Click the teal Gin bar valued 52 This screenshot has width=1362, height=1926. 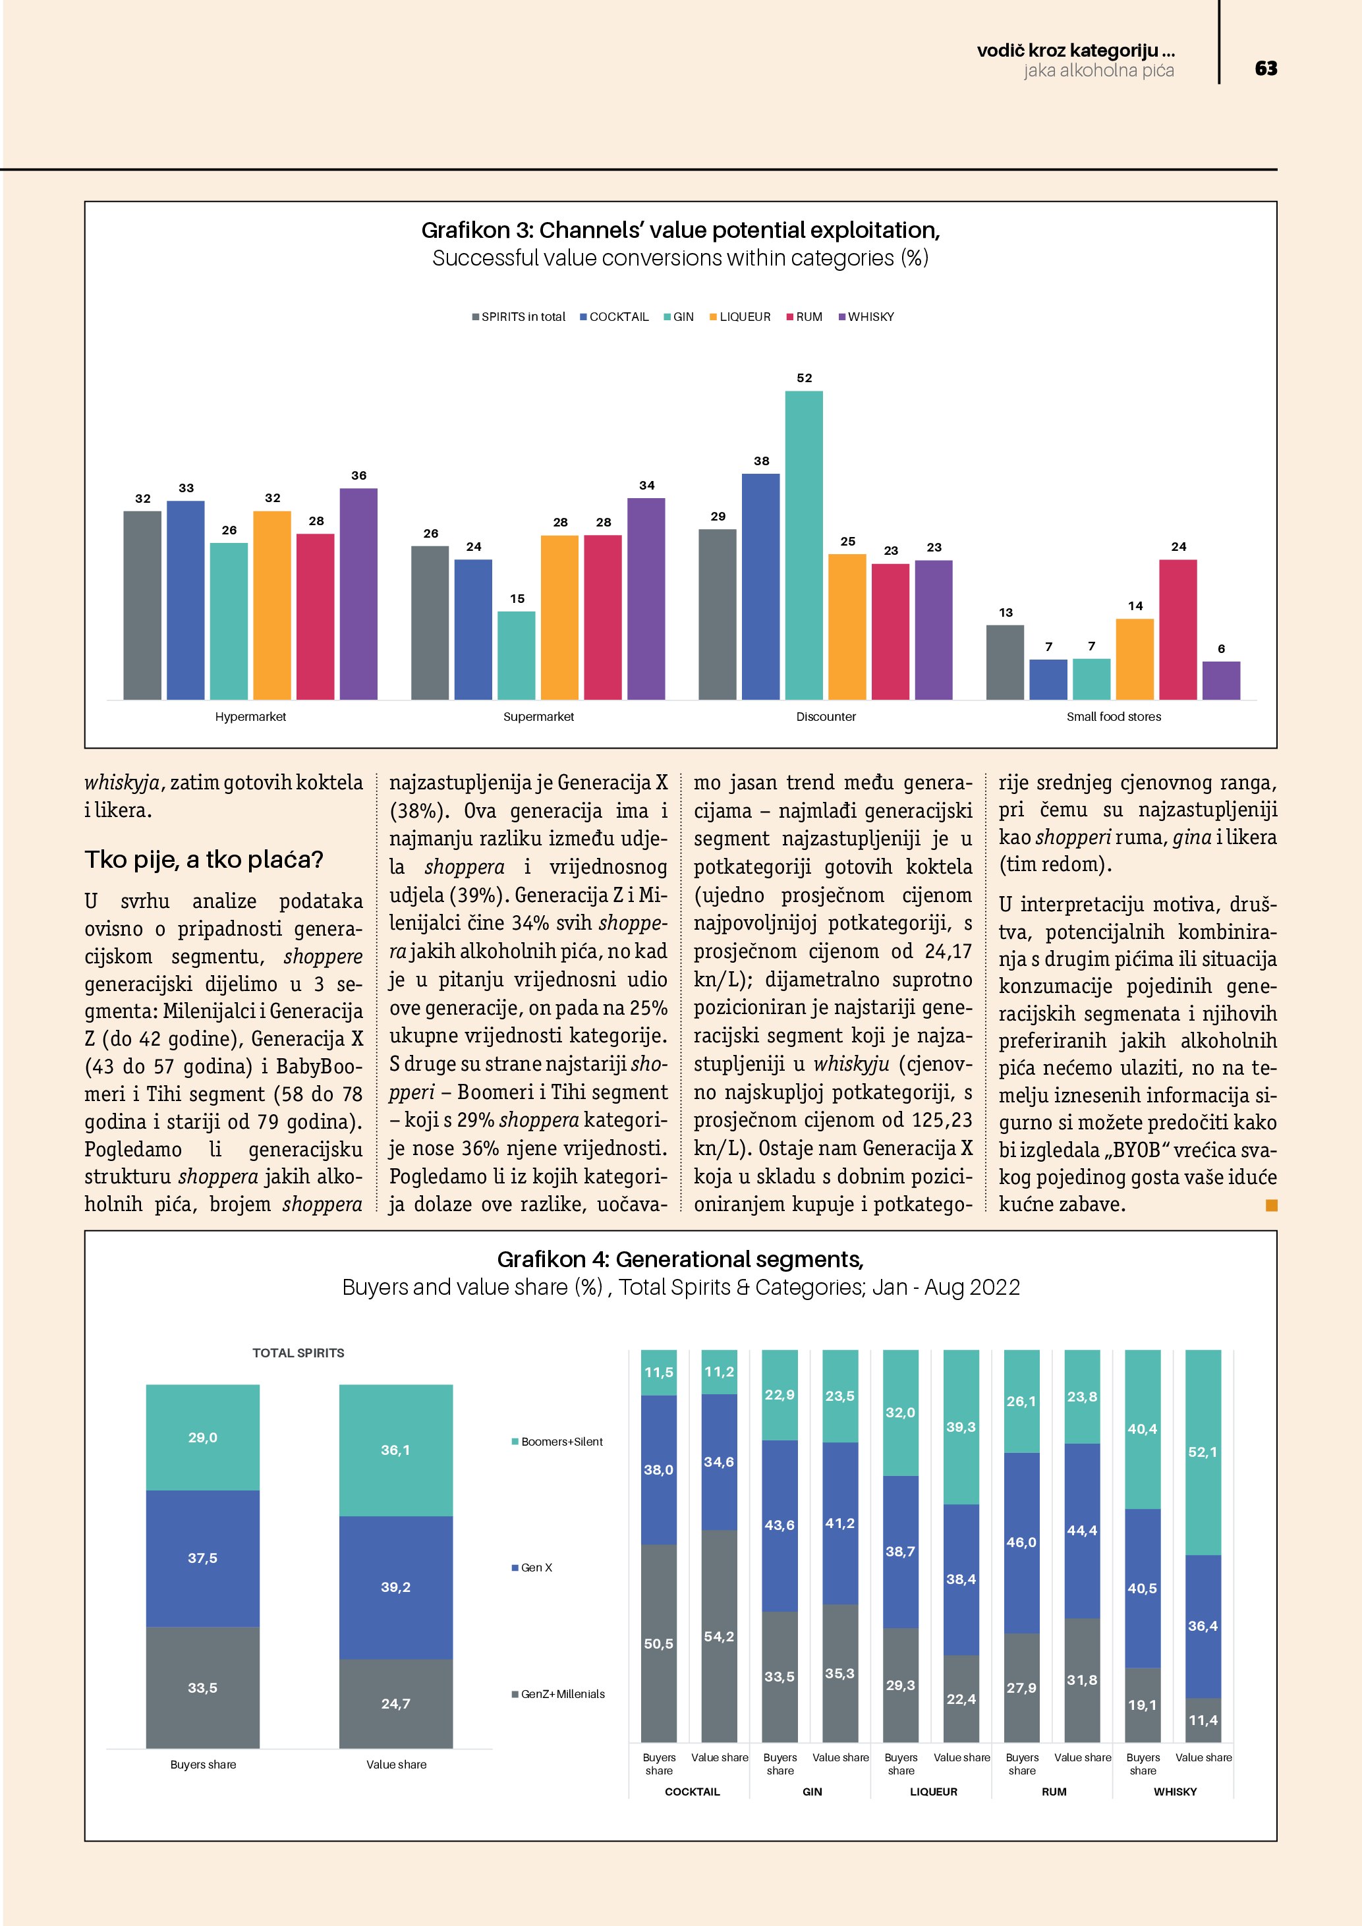[803, 546]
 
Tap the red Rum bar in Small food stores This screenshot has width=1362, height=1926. [1178, 629]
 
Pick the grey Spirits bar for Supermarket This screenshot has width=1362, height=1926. [430, 623]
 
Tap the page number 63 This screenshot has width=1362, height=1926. [1266, 69]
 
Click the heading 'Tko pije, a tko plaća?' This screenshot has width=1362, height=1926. [204, 860]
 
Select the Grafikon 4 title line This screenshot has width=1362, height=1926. [680, 1259]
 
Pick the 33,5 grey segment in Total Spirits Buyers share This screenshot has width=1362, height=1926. [203, 1687]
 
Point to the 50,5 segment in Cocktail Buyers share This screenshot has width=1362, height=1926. [658, 1643]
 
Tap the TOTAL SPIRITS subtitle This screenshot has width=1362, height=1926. [298, 1353]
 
